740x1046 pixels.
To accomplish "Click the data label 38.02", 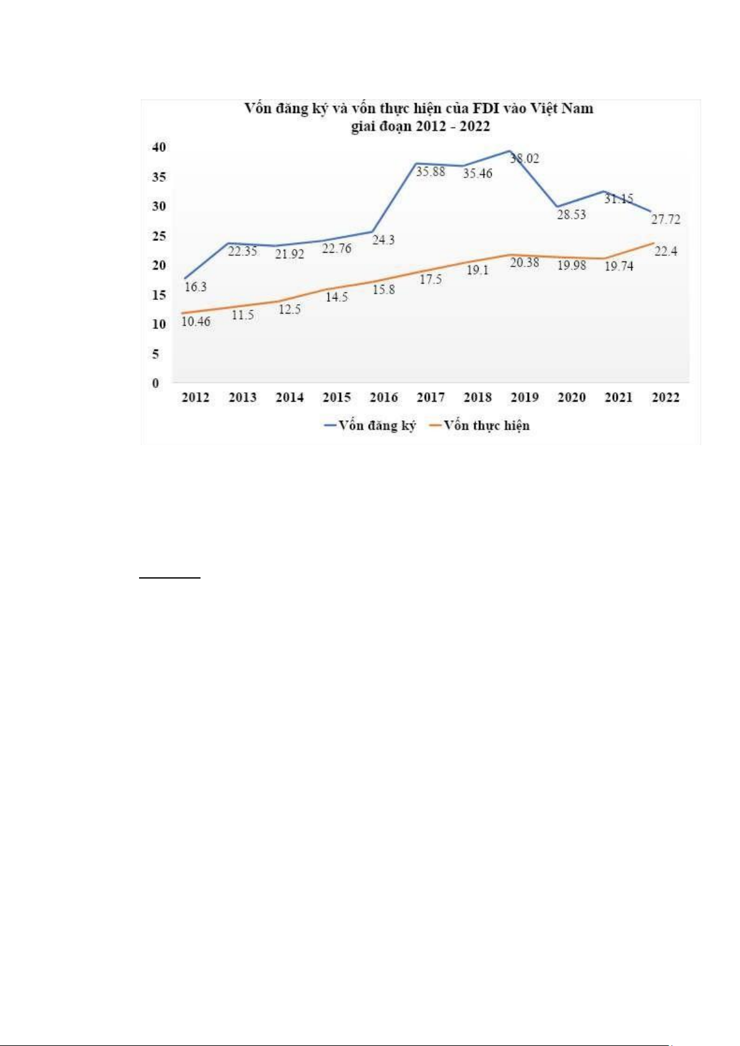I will (525, 159).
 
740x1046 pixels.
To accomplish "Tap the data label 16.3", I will (196, 287).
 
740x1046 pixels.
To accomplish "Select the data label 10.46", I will (196, 322).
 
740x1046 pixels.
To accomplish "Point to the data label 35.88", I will (430, 171).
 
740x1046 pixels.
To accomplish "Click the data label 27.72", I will (666, 220).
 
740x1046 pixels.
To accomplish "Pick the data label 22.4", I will (666, 251).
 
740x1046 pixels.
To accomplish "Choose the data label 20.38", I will (525, 263).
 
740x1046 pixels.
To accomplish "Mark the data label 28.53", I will (571, 215).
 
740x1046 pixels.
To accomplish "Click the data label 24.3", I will (383, 240).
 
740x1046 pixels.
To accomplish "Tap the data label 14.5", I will (336, 297).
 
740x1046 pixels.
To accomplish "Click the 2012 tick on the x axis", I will (196, 398).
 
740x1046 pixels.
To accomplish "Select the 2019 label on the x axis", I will (525, 398).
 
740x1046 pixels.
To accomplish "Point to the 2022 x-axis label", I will (666, 398).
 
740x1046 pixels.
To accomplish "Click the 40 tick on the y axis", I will (160, 148).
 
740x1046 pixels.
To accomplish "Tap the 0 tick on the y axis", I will (156, 384).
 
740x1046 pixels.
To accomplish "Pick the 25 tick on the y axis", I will (160, 237).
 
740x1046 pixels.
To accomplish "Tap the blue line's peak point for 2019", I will (510, 151).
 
